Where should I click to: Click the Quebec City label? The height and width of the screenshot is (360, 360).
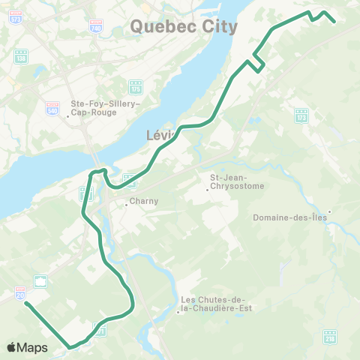184,27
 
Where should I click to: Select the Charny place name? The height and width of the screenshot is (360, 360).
143,201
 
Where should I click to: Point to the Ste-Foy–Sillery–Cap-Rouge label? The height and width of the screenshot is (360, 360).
105,109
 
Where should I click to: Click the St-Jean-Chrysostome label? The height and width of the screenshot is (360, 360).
233,182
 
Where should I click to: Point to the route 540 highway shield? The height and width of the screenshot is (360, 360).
52,107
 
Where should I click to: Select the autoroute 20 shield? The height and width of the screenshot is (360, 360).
20,292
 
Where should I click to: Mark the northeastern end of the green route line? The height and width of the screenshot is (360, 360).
334,22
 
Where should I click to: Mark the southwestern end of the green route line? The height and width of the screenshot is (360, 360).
26,304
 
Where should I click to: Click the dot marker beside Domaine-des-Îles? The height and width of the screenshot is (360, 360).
328,211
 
